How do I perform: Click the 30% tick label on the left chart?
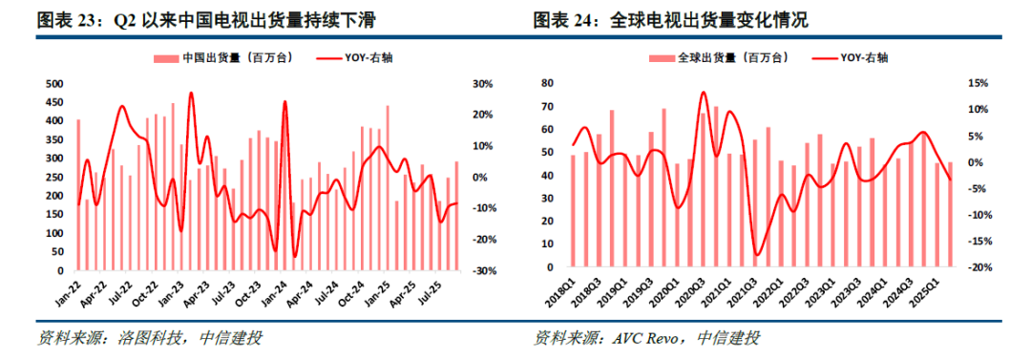pyautogui.click(x=484, y=84)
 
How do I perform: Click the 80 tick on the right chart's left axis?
pyautogui.click(x=548, y=84)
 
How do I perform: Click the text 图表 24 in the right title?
pyautogui.click(x=565, y=20)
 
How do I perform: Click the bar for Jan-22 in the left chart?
pyautogui.click(x=78, y=196)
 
